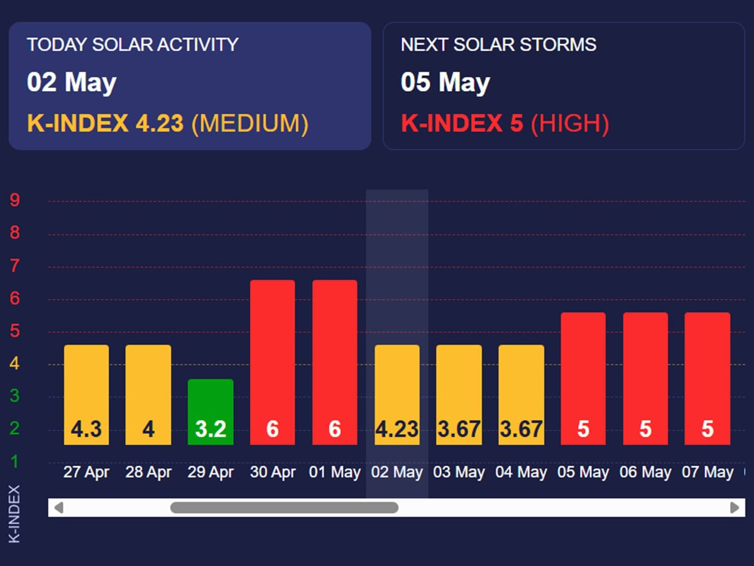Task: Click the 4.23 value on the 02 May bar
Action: pyautogui.click(x=397, y=429)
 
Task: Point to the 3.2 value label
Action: pyautogui.click(x=210, y=429)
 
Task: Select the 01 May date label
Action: pyautogui.click(x=335, y=472)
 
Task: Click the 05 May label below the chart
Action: pyautogui.click(x=583, y=472)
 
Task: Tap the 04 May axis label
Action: pyautogui.click(x=521, y=472)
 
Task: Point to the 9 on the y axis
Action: pyautogui.click(x=14, y=200)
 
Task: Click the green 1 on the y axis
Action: pyautogui.click(x=14, y=462)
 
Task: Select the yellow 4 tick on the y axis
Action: pyautogui.click(x=14, y=364)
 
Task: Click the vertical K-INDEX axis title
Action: pyautogui.click(x=14, y=513)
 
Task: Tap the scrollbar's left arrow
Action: pyautogui.click(x=58, y=508)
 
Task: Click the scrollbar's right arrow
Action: pyautogui.click(x=734, y=508)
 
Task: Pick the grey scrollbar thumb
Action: pyautogui.click(x=284, y=508)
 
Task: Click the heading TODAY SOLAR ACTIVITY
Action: pyautogui.click(x=133, y=45)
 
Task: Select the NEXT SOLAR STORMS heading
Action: pyautogui.click(x=498, y=45)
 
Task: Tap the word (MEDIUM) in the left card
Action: pyautogui.click(x=249, y=124)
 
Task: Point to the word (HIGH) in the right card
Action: pyautogui.click(x=570, y=124)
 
